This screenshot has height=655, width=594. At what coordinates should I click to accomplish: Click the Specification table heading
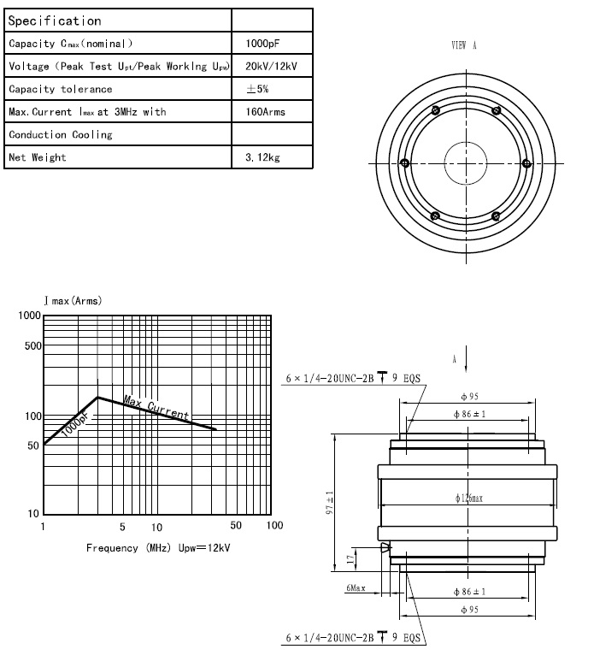[55, 21]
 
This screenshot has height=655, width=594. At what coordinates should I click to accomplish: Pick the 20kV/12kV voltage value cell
[271, 67]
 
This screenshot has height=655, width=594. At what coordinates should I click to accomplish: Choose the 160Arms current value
[265, 112]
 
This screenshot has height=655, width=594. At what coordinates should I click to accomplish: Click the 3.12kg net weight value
[260, 157]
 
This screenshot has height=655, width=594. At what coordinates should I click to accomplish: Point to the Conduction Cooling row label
[61, 135]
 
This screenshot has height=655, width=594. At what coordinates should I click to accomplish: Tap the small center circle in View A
[466, 163]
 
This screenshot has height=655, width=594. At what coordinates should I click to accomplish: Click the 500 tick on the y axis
[30, 346]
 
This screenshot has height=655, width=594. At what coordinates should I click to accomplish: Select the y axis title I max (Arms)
[73, 301]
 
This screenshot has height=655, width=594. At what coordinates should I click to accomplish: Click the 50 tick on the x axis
[236, 526]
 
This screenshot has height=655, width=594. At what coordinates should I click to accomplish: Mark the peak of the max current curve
[99, 397]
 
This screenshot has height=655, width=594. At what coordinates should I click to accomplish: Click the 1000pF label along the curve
[74, 422]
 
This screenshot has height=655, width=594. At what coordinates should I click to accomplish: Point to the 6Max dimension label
[356, 588]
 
